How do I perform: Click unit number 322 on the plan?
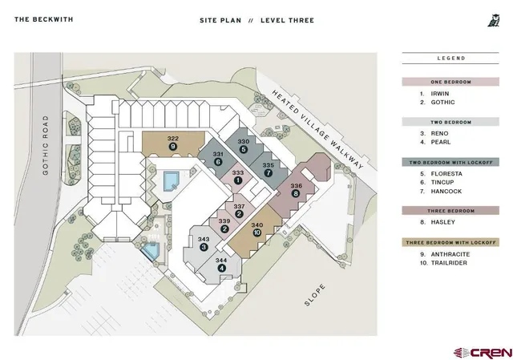[173, 139]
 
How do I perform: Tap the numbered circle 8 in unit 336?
[296, 193]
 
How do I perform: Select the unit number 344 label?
[221, 261]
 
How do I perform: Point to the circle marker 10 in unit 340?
[256, 233]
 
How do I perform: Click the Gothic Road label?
[45, 145]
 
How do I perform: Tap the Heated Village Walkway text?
[317, 130]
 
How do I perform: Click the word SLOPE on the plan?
[315, 295]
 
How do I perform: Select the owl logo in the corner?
[494, 20]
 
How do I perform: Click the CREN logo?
[483, 353]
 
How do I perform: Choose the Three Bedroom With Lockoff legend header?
[450, 242]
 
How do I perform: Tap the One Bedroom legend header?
[450, 82]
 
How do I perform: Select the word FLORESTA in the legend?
[446, 174]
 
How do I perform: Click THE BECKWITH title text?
[44, 19]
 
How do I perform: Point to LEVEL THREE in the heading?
[287, 20]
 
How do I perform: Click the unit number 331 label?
[218, 154]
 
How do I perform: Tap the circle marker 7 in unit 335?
[269, 173]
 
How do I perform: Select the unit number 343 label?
[204, 239]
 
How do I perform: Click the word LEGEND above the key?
[451, 59]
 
